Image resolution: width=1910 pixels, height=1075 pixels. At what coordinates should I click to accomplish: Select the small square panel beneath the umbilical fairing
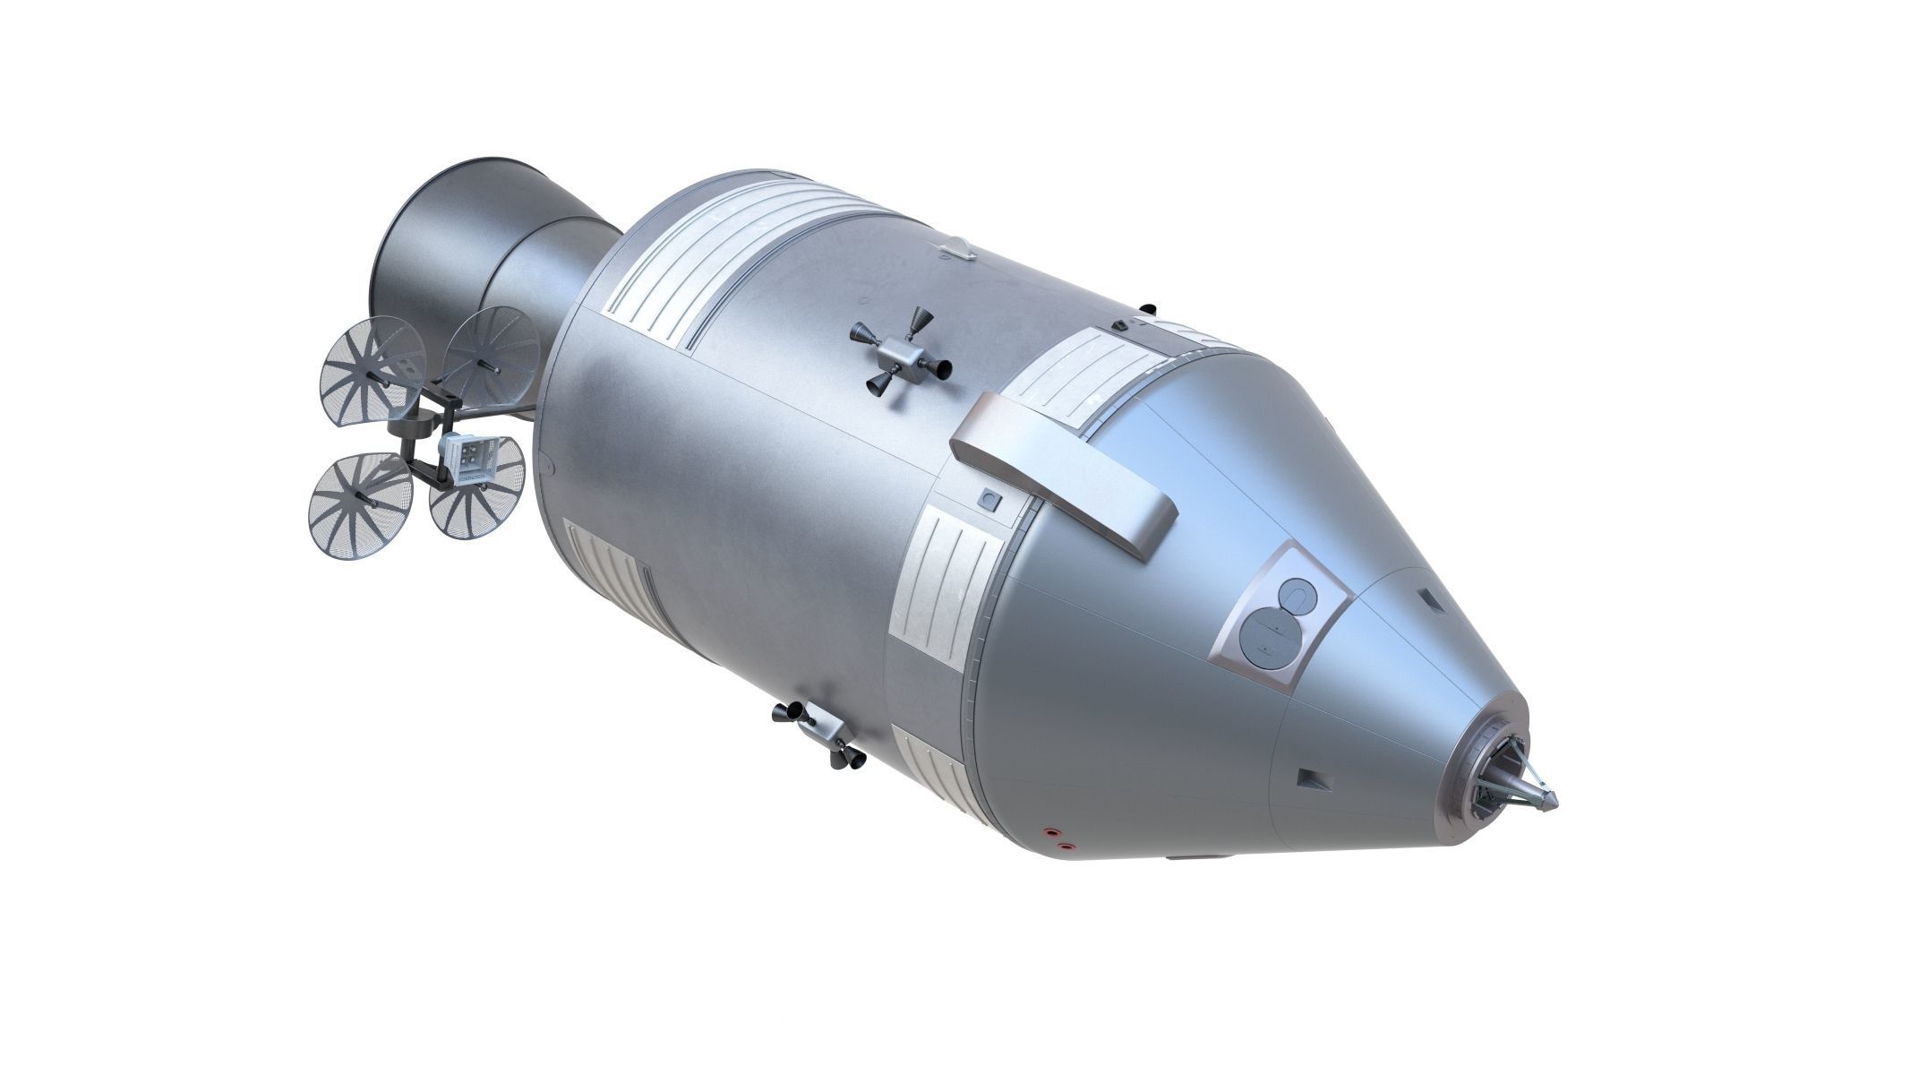[989, 498]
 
